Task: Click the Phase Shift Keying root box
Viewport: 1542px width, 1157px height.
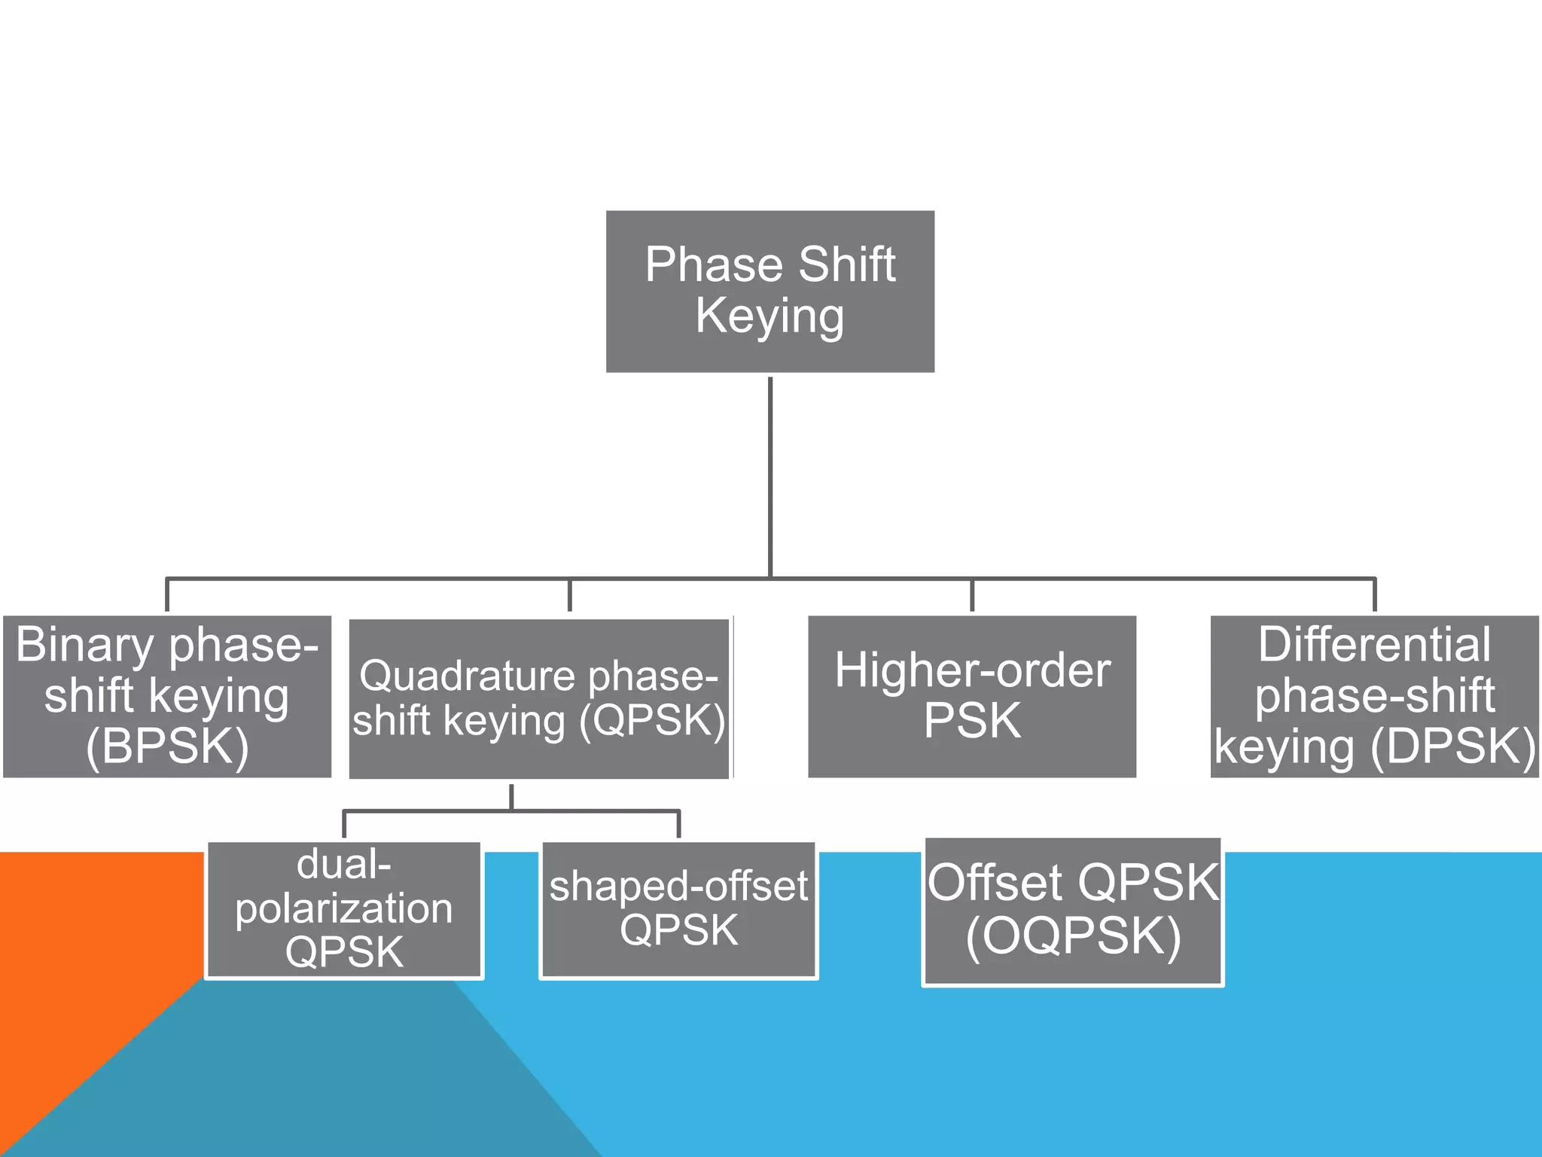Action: tap(769, 291)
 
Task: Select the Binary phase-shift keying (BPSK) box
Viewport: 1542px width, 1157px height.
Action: tap(166, 696)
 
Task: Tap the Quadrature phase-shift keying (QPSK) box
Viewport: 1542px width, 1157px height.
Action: tap(538, 699)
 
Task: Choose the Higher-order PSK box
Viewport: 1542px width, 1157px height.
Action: tap(971, 696)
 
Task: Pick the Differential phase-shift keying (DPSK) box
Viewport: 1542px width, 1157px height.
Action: tap(1374, 696)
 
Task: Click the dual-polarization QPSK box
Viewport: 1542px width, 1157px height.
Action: tap(344, 909)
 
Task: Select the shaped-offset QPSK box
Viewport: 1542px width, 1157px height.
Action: tap(678, 909)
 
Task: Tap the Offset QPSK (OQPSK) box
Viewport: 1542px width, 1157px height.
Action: tap(1072, 911)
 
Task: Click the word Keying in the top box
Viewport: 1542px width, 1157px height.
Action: tap(769, 316)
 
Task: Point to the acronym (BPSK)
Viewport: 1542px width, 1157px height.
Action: tap(167, 746)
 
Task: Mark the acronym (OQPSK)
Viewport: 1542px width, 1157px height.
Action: tap(1073, 936)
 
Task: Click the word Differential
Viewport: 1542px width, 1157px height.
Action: tap(1374, 645)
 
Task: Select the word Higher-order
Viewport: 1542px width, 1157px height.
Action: tap(972, 670)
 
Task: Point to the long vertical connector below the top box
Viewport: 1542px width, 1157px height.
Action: tap(770, 475)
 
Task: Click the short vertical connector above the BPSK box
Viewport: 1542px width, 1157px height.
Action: tap(166, 595)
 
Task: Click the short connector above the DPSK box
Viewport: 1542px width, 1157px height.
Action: tap(1375, 595)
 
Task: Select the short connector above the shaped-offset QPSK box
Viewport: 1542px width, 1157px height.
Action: tap(678, 825)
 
